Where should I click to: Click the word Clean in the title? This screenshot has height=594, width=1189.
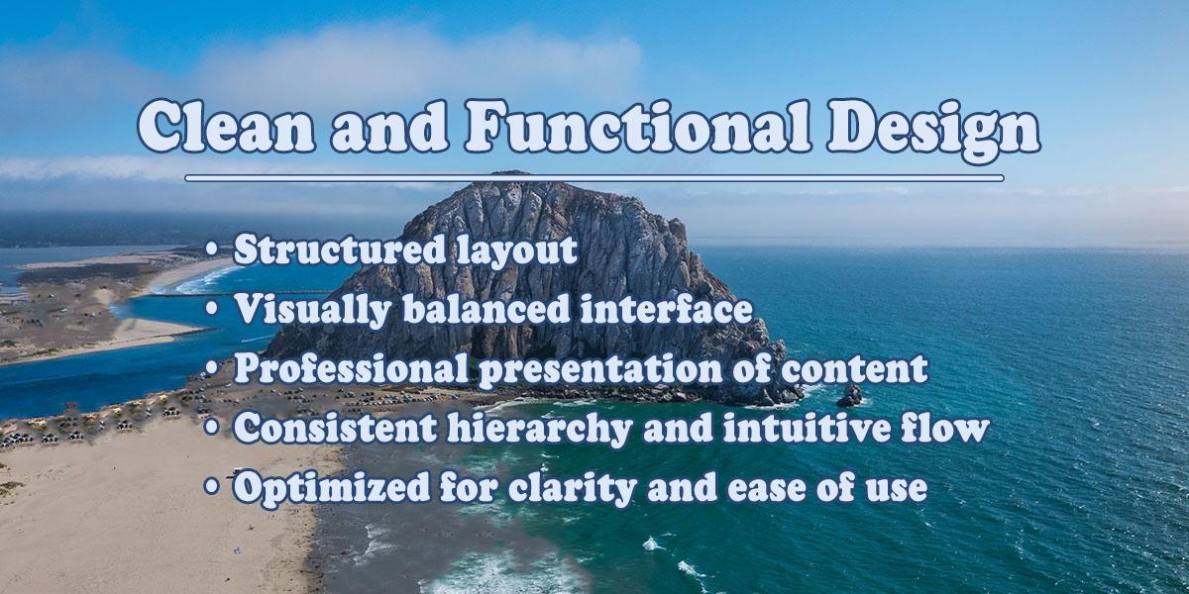[227, 126]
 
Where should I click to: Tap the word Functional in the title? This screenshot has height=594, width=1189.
[638, 126]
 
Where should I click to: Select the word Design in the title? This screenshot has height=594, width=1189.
[933, 132]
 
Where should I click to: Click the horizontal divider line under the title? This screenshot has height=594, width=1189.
[594, 178]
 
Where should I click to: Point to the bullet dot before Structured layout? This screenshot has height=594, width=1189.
[212, 249]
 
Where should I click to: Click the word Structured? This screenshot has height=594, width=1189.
[340, 249]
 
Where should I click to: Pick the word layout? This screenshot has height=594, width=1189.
[517, 251]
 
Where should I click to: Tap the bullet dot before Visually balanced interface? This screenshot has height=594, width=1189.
[212, 309]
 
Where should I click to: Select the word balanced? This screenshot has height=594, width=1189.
[486, 309]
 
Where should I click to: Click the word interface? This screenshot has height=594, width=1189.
[667, 309]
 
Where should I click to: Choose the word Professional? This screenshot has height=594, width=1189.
[352, 368]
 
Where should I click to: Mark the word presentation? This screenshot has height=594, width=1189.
[600, 370]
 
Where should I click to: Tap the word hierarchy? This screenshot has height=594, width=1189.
[540, 430]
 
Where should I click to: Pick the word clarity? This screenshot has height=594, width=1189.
[573, 489]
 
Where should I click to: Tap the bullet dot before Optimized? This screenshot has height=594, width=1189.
[212, 487]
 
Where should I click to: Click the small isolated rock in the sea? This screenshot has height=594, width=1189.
[850, 396]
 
